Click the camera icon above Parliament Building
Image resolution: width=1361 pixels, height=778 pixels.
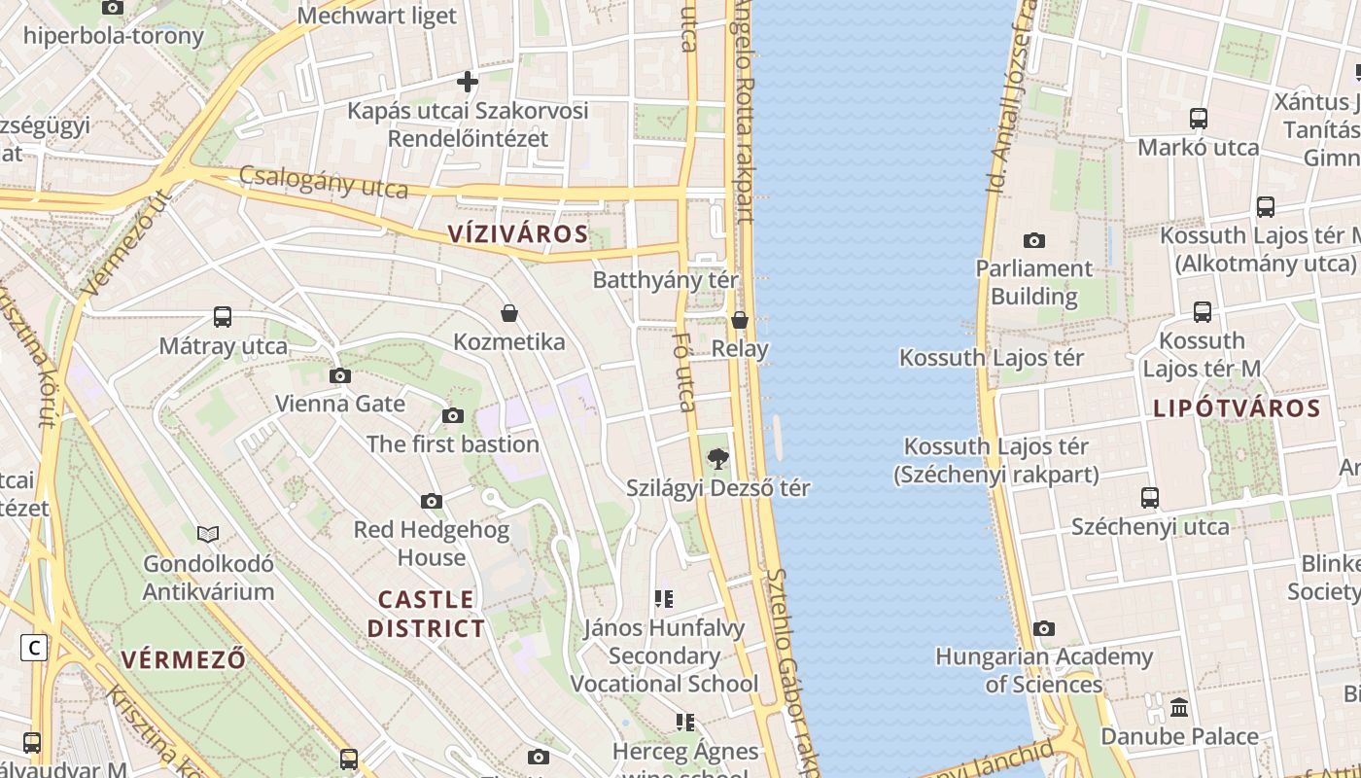1034,240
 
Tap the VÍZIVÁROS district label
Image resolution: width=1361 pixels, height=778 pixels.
518,233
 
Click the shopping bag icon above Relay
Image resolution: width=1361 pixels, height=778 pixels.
740,320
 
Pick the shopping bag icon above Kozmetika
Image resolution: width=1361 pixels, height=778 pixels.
508,313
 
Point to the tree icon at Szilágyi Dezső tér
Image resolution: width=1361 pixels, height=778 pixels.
718,458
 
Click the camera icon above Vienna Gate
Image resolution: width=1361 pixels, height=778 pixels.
340,375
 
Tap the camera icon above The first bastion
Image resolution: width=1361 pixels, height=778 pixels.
452,416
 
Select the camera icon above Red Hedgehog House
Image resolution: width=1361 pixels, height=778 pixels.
432,502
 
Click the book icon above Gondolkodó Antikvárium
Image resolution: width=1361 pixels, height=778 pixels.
208,534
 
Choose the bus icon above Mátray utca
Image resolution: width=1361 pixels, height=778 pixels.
223,317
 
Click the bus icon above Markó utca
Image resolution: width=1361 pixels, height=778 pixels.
1199,119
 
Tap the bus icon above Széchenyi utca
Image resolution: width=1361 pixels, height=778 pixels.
1150,498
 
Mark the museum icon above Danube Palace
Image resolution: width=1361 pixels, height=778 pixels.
1179,707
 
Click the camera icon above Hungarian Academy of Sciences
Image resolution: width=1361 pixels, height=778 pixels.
1044,629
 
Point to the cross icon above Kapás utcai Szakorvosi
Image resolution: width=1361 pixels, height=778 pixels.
468,82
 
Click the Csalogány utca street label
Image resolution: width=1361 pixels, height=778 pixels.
323,182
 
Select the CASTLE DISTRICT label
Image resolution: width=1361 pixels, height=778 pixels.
426,614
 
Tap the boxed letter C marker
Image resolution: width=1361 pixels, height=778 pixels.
34,648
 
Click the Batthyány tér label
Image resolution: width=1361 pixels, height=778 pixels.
666,280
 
